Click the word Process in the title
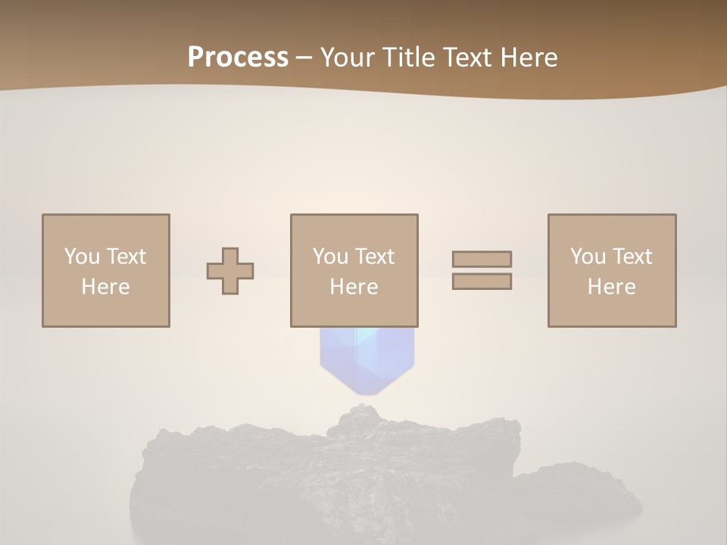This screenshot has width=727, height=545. (x=238, y=58)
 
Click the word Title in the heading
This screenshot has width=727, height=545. (x=407, y=58)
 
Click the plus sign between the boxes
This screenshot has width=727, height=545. (x=230, y=270)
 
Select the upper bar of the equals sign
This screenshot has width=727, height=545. (x=482, y=259)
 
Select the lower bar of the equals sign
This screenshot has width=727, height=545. (x=482, y=281)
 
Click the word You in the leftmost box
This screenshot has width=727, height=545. (x=82, y=257)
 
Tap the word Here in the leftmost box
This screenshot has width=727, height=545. (x=105, y=287)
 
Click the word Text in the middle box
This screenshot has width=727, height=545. (x=375, y=257)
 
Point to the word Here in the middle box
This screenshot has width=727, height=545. (x=354, y=287)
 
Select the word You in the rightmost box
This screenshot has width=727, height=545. (x=588, y=257)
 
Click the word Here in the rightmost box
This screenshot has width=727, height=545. (x=611, y=287)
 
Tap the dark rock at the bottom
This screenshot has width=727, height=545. (x=363, y=469)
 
